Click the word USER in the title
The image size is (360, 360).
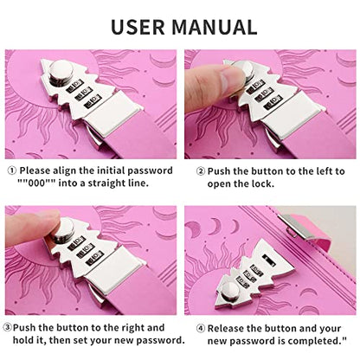(x=138, y=27)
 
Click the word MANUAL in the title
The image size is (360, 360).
(x=215, y=27)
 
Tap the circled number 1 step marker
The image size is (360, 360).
(x=11, y=170)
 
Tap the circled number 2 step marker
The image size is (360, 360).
(x=201, y=171)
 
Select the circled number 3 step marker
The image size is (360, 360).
(x=8, y=328)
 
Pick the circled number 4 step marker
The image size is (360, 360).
(x=201, y=329)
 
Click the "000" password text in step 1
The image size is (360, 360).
(x=36, y=183)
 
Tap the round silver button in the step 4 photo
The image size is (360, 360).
(x=229, y=291)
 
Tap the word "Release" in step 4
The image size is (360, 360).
(x=226, y=328)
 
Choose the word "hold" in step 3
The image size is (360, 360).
(x=22, y=340)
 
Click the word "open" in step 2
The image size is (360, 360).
(x=218, y=184)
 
